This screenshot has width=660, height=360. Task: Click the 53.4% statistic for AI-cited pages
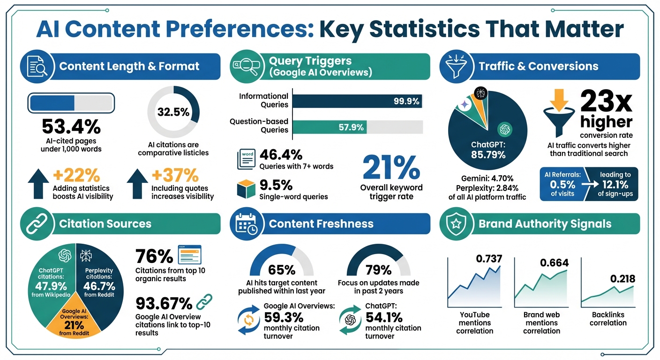pos(71,127)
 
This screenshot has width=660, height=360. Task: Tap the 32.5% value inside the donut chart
pos(173,112)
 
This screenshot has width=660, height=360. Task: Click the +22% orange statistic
pos(76,175)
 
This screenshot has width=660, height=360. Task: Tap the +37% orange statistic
pos(174,175)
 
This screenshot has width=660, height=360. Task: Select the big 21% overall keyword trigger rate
pos(391,167)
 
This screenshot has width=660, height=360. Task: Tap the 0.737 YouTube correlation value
pos(489,258)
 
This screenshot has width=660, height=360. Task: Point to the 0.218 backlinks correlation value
pos(622,279)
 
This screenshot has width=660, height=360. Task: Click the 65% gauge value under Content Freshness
pos(281,270)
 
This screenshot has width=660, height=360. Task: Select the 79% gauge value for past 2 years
pos(378,270)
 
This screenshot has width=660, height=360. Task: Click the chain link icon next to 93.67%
pos(204,303)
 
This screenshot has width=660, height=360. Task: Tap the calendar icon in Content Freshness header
pos(246,224)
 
